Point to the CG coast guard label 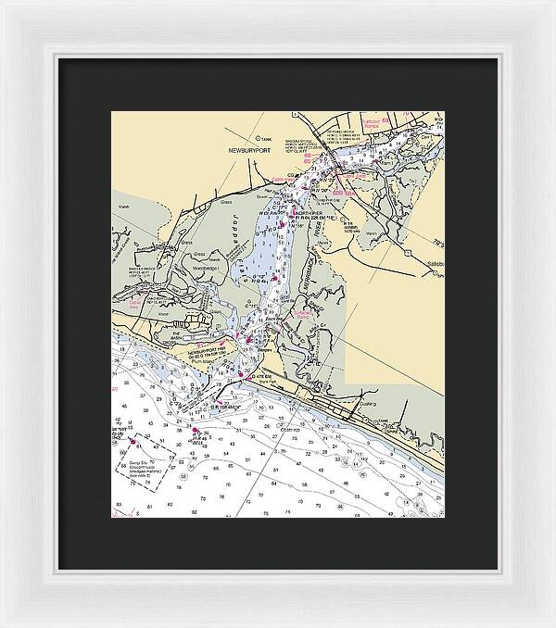pyautogui.click(x=290, y=174)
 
